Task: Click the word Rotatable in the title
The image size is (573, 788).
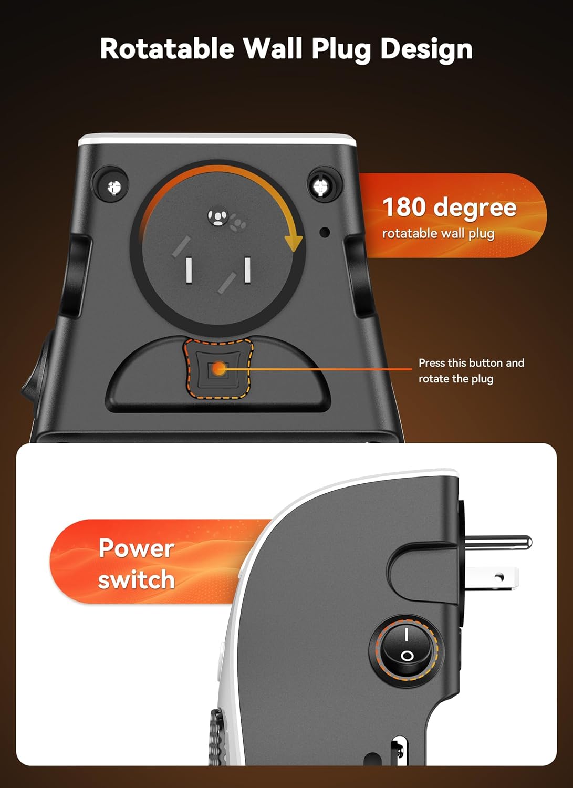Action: pos(167,49)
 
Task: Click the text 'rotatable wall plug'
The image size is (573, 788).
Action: pos(438,233)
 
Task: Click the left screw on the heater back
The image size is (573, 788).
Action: pos(114,186)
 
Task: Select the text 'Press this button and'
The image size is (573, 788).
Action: pos(471,363)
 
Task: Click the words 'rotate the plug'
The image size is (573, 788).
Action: pos(455,379)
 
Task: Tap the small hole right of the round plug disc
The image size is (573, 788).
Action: pos(325,232)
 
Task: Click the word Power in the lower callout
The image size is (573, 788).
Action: pos(136,548)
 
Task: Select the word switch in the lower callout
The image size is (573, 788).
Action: pos(136,580)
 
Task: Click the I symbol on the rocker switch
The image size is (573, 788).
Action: pos(406,636)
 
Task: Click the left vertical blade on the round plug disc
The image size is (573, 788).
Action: pos(188,269)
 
